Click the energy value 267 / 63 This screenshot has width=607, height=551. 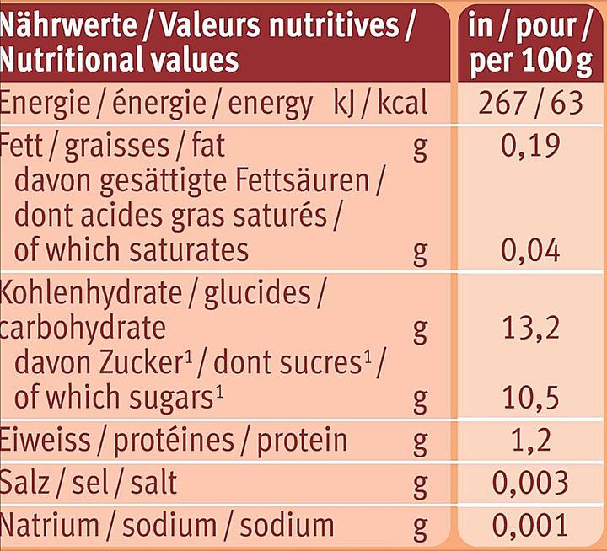[530, 104]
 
